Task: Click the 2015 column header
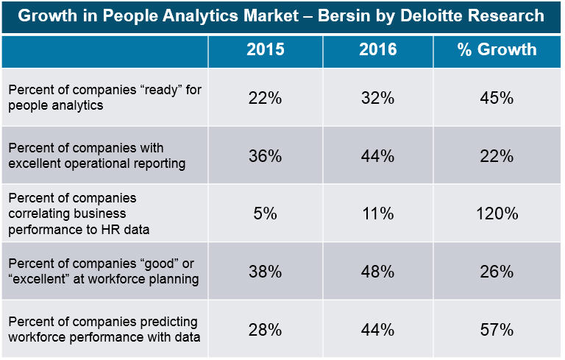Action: tap(265, 50)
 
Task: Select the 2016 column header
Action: tap(377, 50)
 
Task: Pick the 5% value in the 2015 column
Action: tap(265, 213)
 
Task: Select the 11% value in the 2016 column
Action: tap(377, 213)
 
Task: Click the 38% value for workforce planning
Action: tap(265, 272)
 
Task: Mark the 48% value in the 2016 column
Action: tap(377, 272)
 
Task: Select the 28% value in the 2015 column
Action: tap(265, 329)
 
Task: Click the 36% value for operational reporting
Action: tap(265, 156)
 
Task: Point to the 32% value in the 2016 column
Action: tap(377, 98)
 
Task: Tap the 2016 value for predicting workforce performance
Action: tap(377, 329)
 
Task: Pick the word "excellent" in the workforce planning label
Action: tap(38, 279)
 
